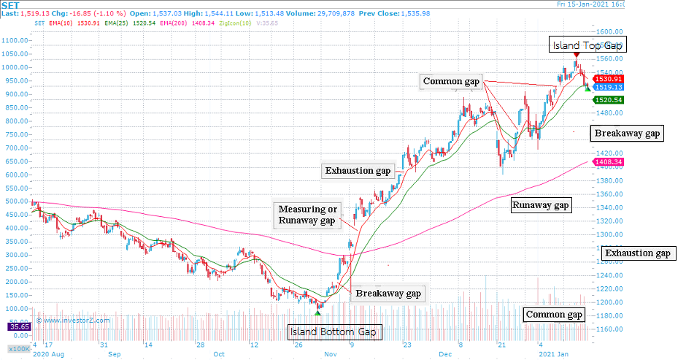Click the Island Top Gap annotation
(587, 45)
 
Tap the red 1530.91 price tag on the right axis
(608, 79)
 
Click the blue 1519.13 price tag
(608, 87)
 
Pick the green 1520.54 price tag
(608, 99)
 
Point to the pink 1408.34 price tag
(608, 162)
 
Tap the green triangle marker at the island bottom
(317, 313)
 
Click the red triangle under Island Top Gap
(577, 55)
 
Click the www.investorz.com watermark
(74, 320)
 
